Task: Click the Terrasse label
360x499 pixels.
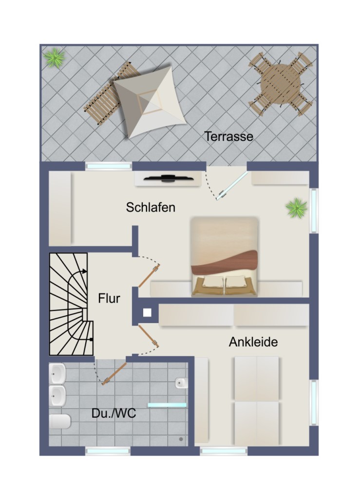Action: coord(228,136)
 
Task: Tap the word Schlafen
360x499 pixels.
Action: coord(151,207)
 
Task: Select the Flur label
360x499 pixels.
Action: coord(109,298)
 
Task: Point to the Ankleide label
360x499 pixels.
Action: coord(253,342)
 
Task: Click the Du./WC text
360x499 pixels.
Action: coord(114,414)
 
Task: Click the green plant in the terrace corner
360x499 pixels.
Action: coord(54,58)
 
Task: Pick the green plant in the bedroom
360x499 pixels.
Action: coord(296,209)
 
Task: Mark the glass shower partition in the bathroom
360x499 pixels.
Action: coord(167,405)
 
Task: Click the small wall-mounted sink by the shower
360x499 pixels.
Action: coord(181,383)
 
